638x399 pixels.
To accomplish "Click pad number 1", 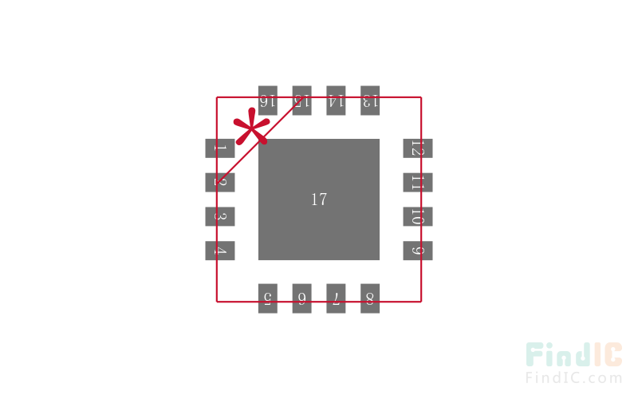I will pyautogui.click(x=220, y=148).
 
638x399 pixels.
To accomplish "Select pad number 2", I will pyautogui.click(x=220, y=182).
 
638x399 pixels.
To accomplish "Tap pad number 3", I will pyautogui.click(x=220, y=216).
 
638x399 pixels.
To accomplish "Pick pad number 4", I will pyautogui.click(x=220, y=251).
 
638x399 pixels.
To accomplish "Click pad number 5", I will pyautogui.click(x=267, y=298).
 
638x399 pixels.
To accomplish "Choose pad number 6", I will pyautogui.click(x=301, y=298).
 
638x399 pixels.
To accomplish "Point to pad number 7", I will pyautogui.click(x=336, y=298).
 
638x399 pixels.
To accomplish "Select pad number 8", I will pyautogui.click(x=370, y=298).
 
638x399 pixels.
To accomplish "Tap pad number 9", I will pyautogui.click(x=417, y=251).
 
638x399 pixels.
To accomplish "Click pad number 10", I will pyautogui.click(x=417, y=216).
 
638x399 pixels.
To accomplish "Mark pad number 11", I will pyautogui.click(x=417, y=182).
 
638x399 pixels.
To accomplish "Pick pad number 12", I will pyautogui.click(x=417, y=148).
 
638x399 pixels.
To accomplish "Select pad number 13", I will pyautogui.click(x=370, y=101).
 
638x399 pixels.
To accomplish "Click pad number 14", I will pyautogui.click(x=336, y=101).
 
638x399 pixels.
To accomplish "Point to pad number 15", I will pyautogui.click(x=301, y=101).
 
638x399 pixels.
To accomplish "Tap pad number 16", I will pyautogui.click(x=267, y=101).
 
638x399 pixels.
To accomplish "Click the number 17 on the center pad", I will pyautogui.click(x=319, y=199).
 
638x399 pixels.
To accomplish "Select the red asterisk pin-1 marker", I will pyautogui.click(x=251, y=129).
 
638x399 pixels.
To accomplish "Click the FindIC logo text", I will pyautogui.click(x=574, y=356).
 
